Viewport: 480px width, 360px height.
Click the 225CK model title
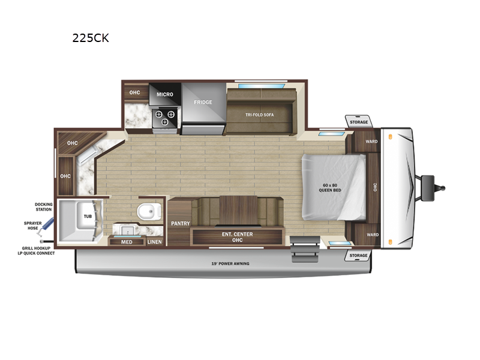pos(91,38)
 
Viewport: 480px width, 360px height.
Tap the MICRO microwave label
pos(164,95)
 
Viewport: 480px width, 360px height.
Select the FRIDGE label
pos(203,102)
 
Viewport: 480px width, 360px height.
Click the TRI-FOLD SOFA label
pos(260,115)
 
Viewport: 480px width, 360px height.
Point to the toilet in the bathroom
pos(149,211)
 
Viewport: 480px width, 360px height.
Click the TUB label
pos(88,217)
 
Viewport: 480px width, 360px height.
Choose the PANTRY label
pos(181,223)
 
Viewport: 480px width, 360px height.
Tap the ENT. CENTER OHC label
pos(237,237)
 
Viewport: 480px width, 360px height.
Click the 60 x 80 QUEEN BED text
pos(329,188)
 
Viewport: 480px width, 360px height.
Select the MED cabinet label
pos(127,242)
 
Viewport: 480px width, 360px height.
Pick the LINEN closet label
pos(154,242)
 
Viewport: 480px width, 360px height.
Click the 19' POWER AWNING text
pos(230,263)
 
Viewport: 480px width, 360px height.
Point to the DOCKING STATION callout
pos(43,207)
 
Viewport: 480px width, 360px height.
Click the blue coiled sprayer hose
pos(47,227)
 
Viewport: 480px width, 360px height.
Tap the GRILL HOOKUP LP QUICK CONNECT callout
pos(36,251)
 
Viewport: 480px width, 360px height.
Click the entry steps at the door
pos(305,249)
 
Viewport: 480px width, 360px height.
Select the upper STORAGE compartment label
pos(359,122)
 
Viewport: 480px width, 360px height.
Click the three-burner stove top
pos(164,118)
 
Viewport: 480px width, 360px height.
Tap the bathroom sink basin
pos(125,230)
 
